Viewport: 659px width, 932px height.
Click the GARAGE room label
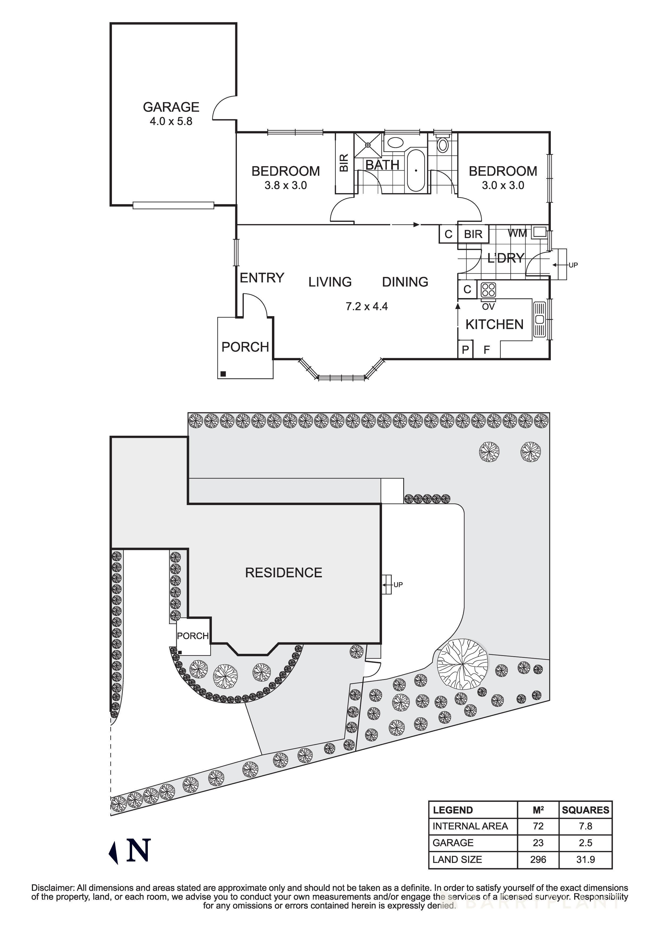(171, 107)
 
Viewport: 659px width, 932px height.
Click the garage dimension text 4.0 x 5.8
(171, 121)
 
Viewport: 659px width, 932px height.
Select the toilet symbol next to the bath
(443, 145)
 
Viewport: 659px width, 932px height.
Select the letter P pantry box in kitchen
(465, 350)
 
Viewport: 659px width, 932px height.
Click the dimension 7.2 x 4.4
(367, 307)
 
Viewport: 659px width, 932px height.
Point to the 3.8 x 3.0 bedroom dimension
(286, 185)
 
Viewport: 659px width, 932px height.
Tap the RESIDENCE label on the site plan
(283, 573)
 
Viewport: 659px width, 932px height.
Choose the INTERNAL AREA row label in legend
(470, 827)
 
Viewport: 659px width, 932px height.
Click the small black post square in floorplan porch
(223, 374)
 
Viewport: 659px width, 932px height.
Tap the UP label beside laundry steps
(573, 265)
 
